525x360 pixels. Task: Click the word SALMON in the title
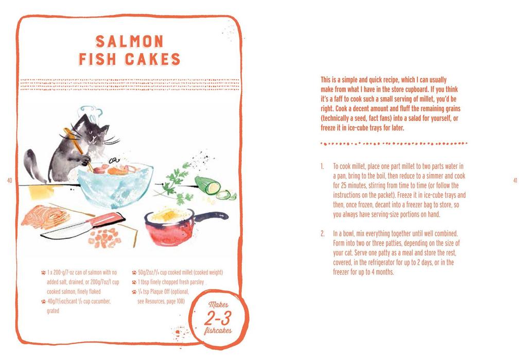[130, 42]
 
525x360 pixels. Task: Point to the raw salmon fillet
[45, 216]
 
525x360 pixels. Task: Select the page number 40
[10, 180]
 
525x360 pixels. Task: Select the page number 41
[515, 180]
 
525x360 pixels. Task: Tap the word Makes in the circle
[218, 304]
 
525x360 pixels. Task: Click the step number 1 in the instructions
[321, 166]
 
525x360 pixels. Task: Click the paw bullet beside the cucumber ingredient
[43, 301]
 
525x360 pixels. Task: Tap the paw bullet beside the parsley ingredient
[134, 282]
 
